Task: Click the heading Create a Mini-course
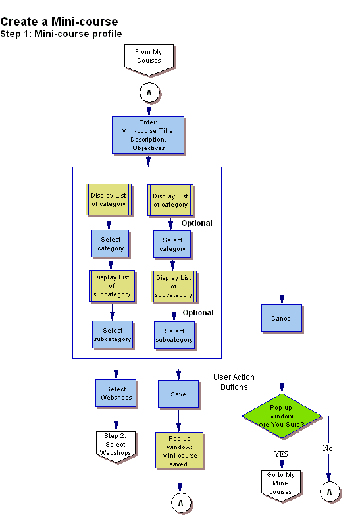coord(59,22)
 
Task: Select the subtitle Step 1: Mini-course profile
coord(61,34)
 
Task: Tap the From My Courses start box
coord(149,56)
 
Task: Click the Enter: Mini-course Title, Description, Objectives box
coord(148,136)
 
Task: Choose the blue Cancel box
coord(282,319)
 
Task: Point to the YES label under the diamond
coord(282,454)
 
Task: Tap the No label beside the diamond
coord(328,448)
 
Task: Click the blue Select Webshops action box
coord(116,393)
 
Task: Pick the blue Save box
coord(178,394)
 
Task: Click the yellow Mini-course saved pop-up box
coord(179,450)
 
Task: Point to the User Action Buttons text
coord(234,382)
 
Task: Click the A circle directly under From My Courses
coord(149,93)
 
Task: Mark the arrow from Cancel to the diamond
coord(282,362)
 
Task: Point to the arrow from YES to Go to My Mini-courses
coord(282,463)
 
